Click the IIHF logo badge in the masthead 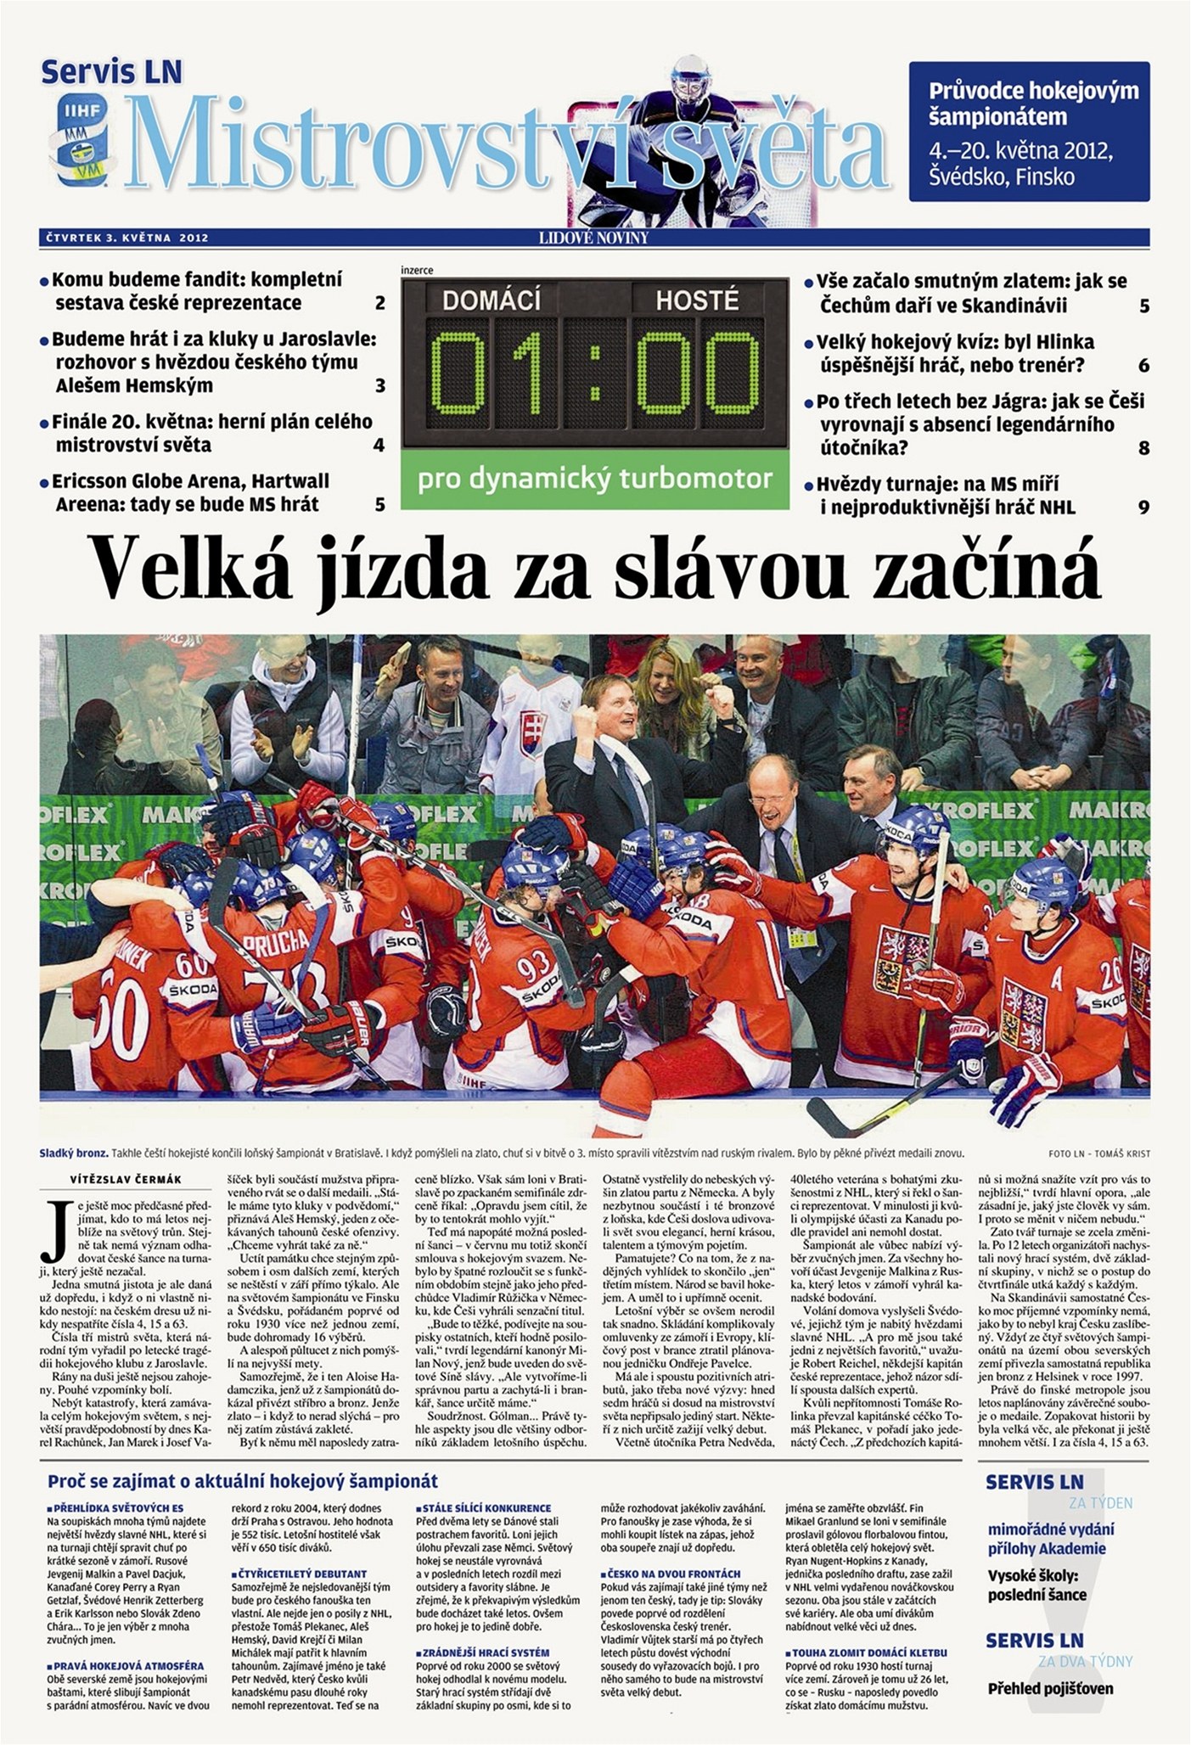point(81,136)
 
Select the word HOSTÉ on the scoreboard point(696,300)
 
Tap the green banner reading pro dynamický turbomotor point(594,479)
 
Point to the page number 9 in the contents point(1143,508)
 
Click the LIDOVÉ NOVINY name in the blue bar point(593,238)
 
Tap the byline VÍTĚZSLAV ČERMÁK point(126,1179)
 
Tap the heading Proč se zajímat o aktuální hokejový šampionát point(243,1482)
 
